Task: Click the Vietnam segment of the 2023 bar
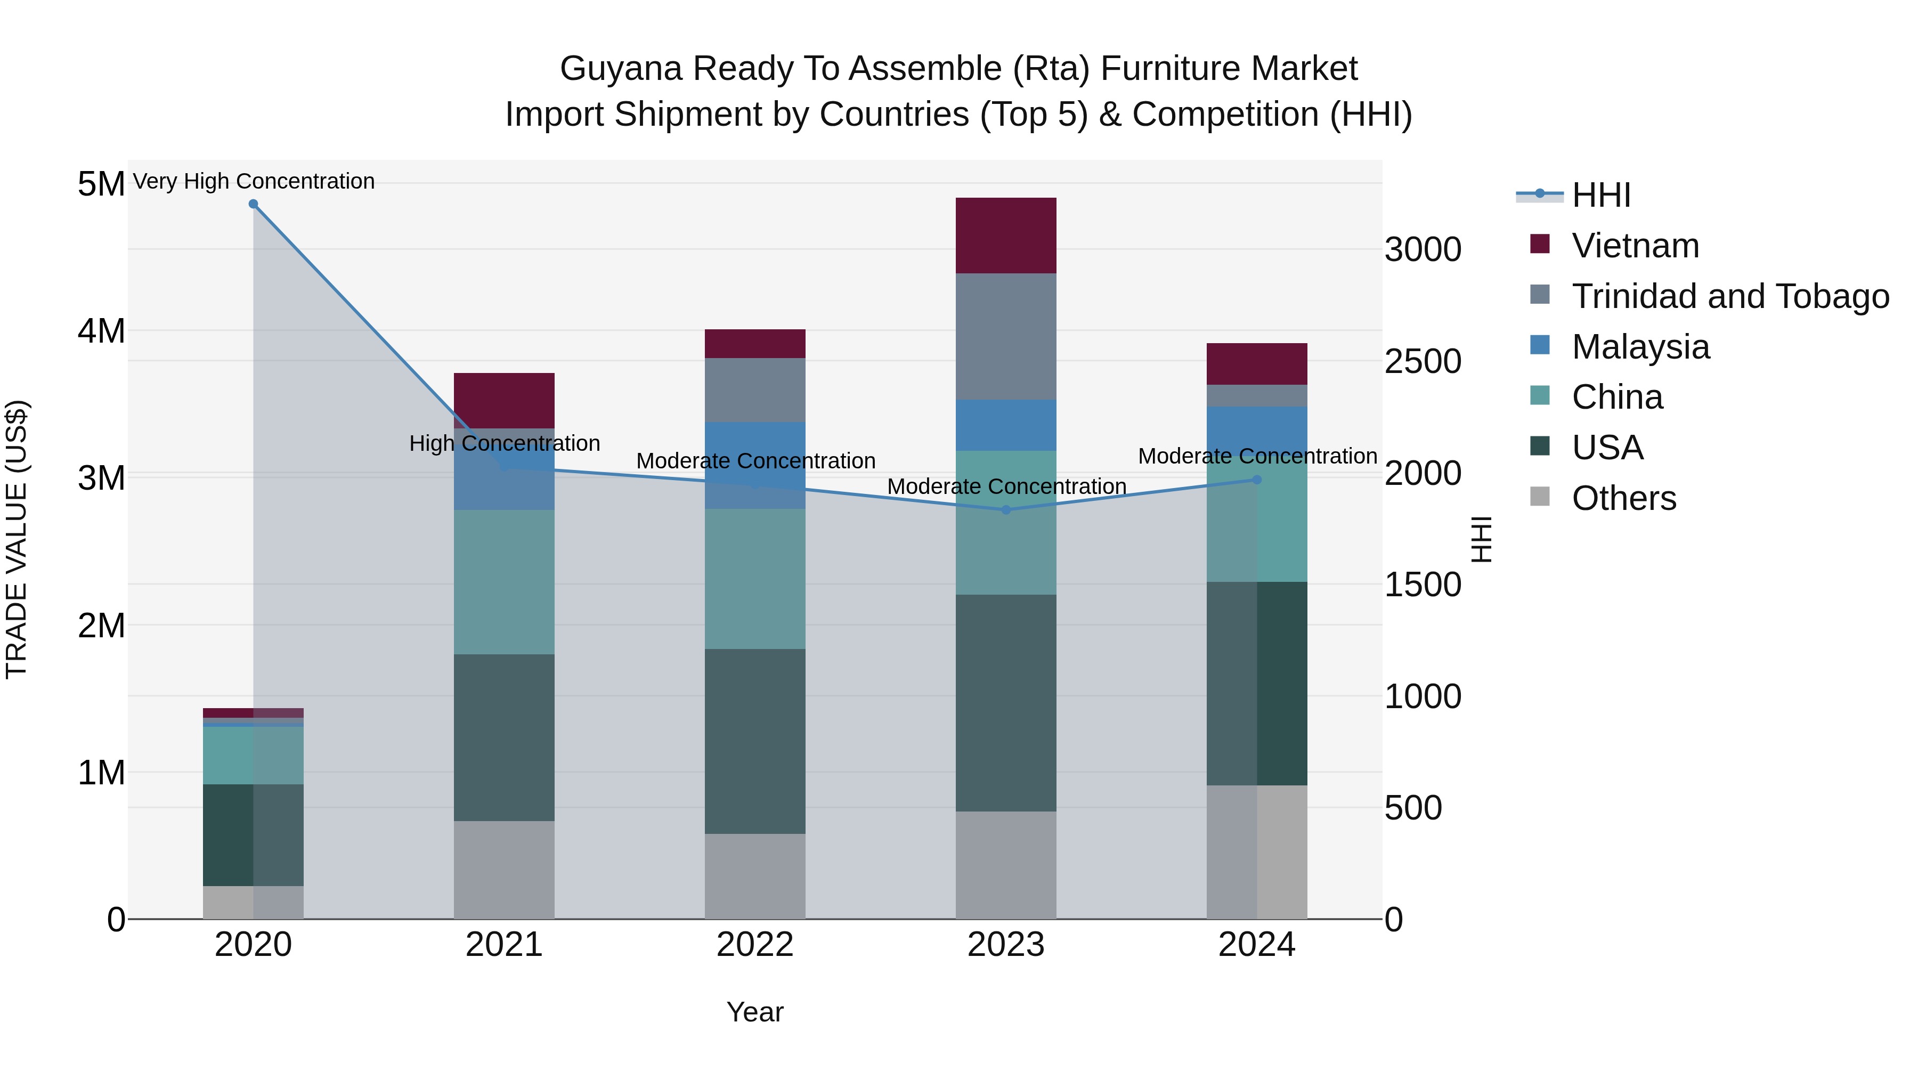coord(1006,236)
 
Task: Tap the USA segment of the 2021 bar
coord(504,737)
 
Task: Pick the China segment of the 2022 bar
coord(755,579)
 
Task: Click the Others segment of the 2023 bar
coord(1006,865)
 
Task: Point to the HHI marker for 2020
coord(253,204)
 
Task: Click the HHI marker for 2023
coord(1006,510)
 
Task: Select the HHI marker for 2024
coord(1257,480)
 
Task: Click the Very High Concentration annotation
coord(253,181)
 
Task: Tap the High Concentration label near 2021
coord(504,443)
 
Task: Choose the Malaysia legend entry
coord(1640,347)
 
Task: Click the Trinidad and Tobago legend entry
coord(1729,296)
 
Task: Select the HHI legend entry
coord(1601,195)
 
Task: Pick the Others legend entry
coord(1623,498)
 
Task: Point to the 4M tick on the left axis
coord(101,330)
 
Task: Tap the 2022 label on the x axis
coord(755,945)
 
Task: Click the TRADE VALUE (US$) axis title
coord(17,539)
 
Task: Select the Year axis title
coord(755,1012)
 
